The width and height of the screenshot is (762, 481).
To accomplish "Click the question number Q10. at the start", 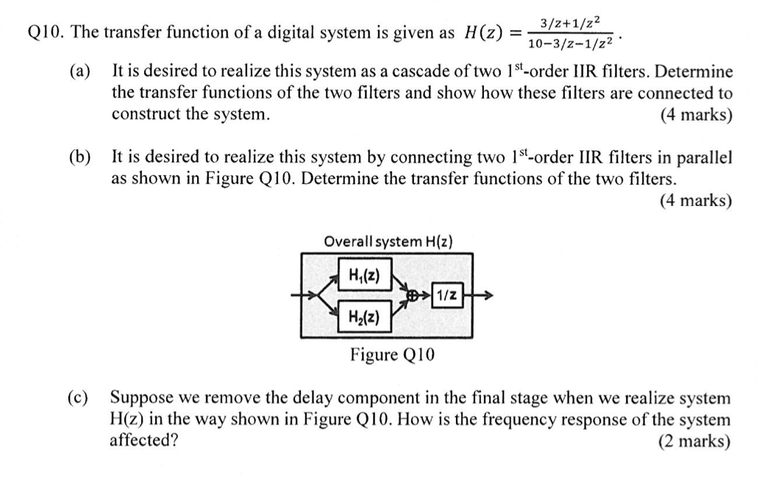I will click(x=46, y=32).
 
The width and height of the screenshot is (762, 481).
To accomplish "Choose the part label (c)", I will click(x=79, y=398).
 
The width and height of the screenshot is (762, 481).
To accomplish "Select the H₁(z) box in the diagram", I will click(x=364, y=274).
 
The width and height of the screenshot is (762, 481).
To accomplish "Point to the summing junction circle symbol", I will click(x=415, y=296).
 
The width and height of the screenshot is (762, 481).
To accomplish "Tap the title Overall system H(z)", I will click(x=388, y=241).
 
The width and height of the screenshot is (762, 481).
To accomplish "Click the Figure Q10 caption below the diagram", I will click(x=392, y=355).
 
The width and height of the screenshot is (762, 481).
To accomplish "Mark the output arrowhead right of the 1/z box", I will click(x=487, y=296).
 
